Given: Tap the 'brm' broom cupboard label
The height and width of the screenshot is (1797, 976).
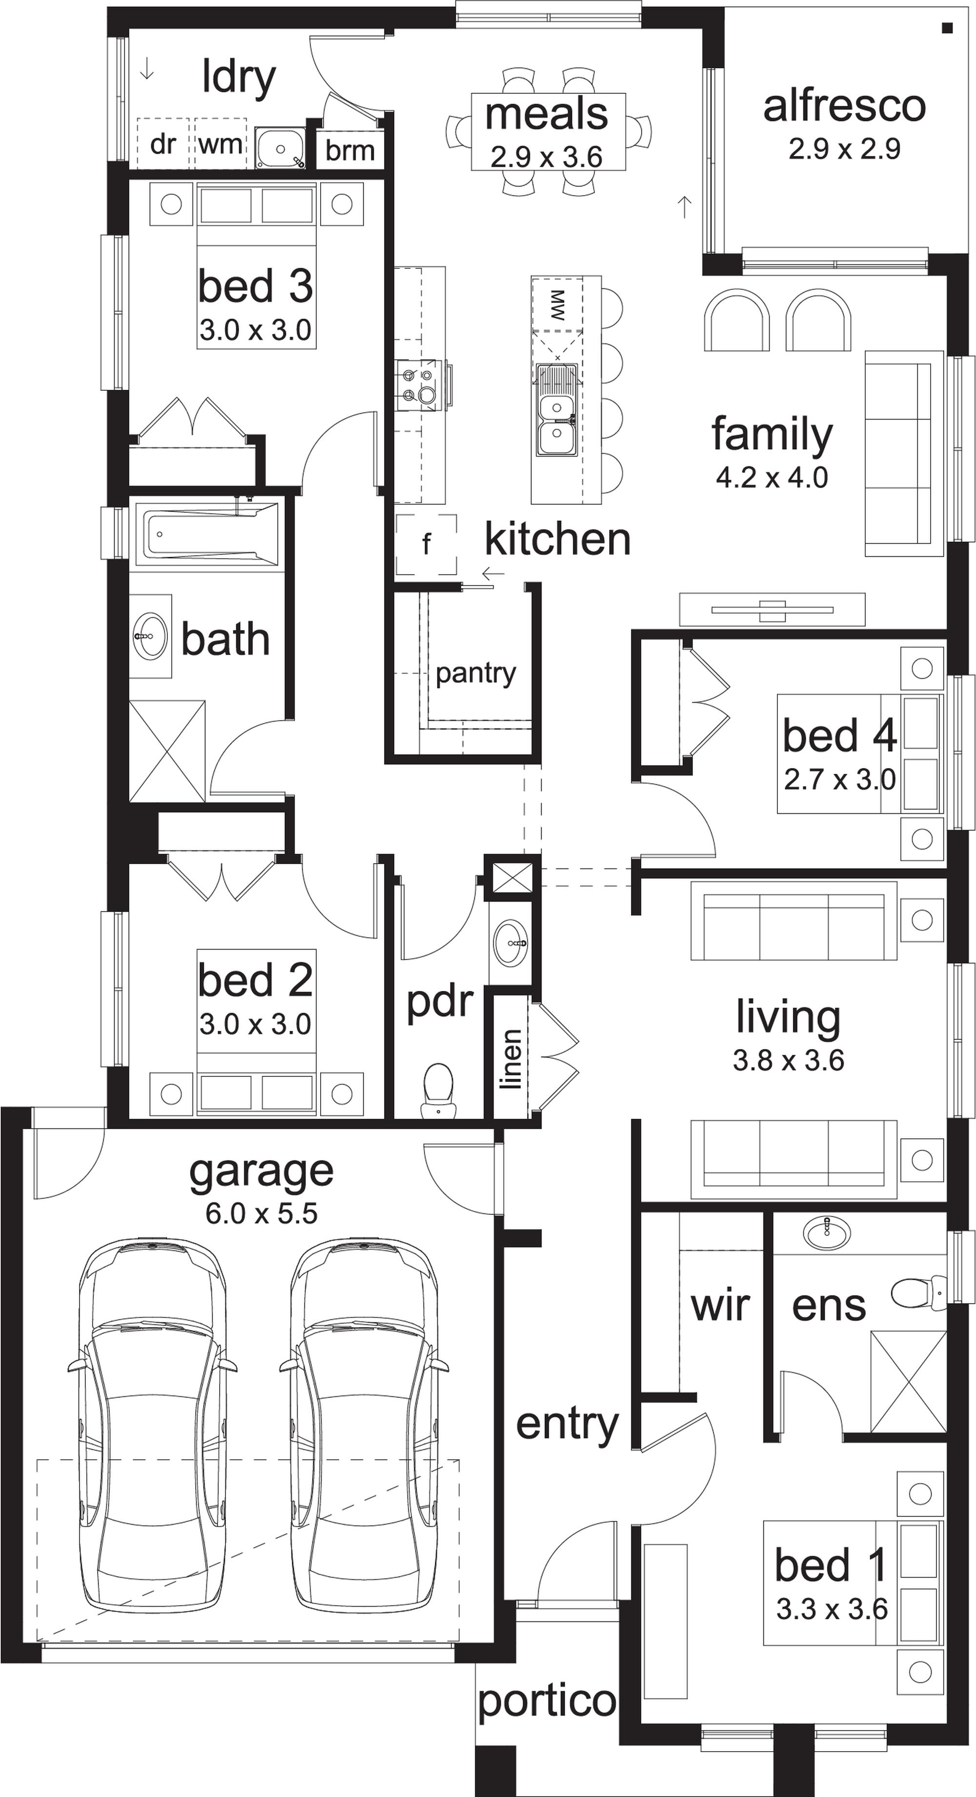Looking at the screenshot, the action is tap(349, 150).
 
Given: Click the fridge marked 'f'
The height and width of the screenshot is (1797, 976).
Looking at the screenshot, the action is tap(426, 544).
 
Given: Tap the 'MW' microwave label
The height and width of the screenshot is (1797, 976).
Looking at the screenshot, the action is tap(557, 305).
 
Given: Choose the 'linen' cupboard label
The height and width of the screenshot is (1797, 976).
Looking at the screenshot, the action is tap(512, 1059).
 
